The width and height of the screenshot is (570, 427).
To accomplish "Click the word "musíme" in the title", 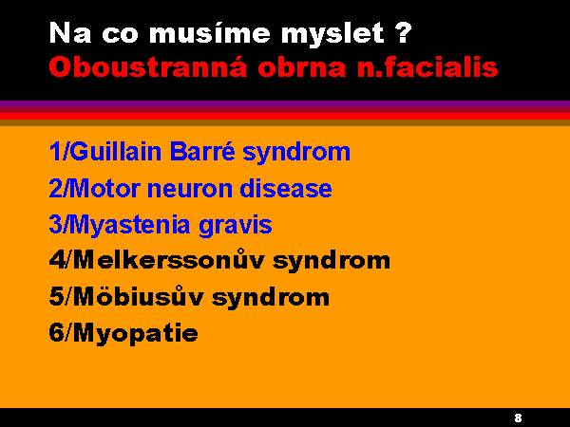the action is [210, 32].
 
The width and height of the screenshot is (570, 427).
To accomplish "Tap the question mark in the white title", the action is [403, 32].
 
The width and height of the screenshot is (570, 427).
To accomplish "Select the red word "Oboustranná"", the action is [148, 66].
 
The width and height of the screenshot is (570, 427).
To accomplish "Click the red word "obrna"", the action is [302, 66].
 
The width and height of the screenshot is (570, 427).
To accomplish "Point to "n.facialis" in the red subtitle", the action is [427, 66].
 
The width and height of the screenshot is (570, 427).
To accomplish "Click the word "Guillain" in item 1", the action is [115, 151].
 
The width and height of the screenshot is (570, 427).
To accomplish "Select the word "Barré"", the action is [202, 151].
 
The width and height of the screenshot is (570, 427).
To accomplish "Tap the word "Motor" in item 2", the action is [104, 189].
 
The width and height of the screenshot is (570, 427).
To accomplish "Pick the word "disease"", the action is [286, 189].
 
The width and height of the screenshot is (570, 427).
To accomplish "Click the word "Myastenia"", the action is [129, 225].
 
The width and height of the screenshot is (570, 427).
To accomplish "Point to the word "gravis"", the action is [236, 226].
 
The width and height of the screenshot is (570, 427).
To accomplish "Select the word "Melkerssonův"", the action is [168, 260].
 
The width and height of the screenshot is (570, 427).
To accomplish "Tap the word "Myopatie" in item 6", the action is [136, 334].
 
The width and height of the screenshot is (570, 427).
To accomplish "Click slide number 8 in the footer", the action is [518, 418].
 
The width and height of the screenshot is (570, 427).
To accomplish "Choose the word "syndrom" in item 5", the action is [271, 298].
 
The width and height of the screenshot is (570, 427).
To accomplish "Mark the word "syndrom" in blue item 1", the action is [296, 152].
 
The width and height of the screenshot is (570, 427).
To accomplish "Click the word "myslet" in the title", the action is [332, 34].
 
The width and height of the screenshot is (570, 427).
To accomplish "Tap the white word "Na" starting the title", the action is [69, 32].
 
